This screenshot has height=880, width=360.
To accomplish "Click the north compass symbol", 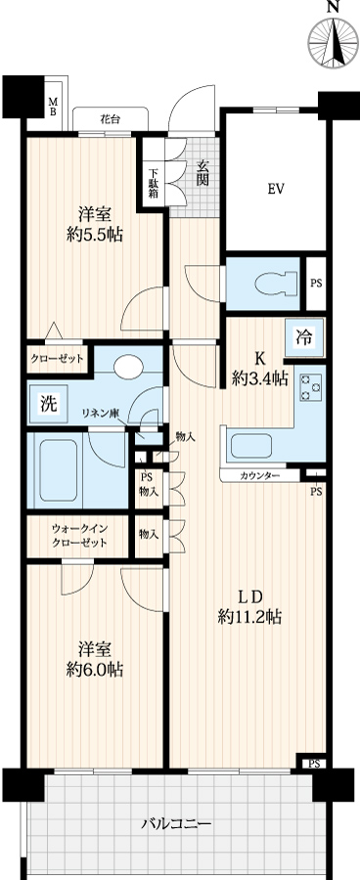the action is click(333, 42).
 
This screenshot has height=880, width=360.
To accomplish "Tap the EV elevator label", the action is click(275, 189).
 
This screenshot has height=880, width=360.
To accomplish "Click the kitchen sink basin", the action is click(251, 446).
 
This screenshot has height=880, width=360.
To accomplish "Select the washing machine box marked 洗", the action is click(48, 404).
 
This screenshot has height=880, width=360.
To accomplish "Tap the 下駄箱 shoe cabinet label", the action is click(154, 183).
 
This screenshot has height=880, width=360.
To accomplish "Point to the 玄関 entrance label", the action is click(202, 172).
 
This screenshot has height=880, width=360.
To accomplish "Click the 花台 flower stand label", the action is click(110, 119).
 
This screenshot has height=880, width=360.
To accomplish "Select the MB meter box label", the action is click(52, 106).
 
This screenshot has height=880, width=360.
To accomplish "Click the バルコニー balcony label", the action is click(176, 824).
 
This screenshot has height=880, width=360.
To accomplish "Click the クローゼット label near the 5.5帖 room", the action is click(56, 359).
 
